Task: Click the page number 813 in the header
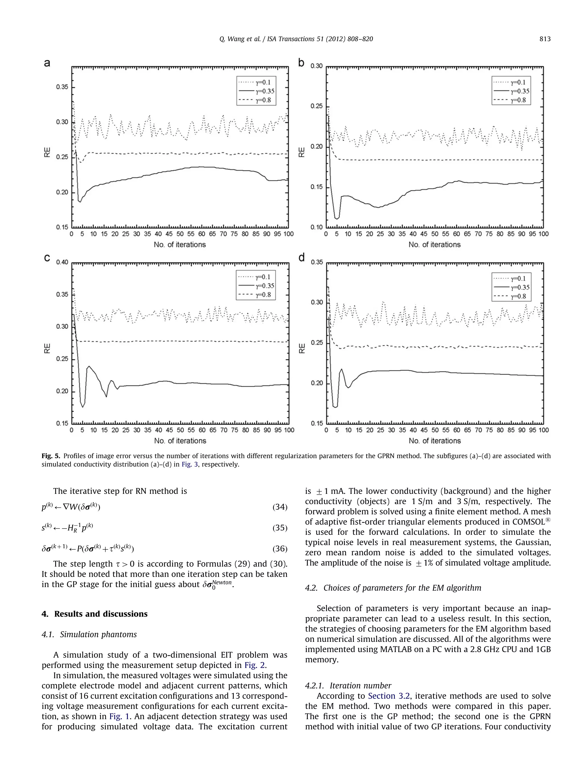tap(545, 39)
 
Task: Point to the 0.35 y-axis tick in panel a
tap(62, 87)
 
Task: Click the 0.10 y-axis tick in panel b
tap(316, 227)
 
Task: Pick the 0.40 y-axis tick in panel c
tap(62, 262)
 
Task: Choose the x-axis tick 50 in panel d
tap(435, 430)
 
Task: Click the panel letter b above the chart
tap(301, 63)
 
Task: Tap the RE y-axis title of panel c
tap(48, 348)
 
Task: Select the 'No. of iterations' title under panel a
tap(180, 244)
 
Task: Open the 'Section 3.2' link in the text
tap(389, 696)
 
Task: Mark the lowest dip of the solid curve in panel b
tap(337, 219)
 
